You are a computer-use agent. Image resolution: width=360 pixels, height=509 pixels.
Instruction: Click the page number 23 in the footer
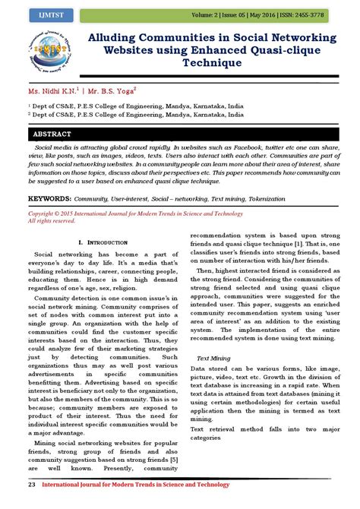click(x=32, y=484)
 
